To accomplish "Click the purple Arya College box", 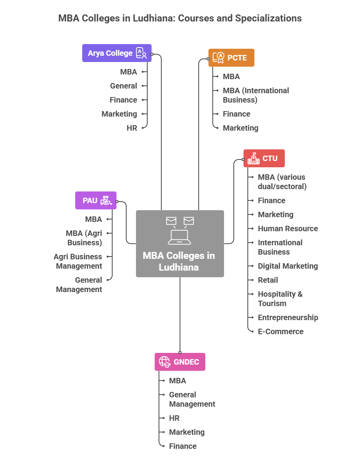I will pos(116,53).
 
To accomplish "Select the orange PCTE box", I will pos(231,58).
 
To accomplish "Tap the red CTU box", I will pos(264,158).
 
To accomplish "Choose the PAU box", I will pos(95,200).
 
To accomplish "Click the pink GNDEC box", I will pos(180,362).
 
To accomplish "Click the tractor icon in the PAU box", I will pos(106,200).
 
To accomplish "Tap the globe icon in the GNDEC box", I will pos(164,362).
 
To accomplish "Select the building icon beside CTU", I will pos(254,158).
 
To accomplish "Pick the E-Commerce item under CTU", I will pos(281,331).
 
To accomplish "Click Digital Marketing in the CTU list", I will pos(288,266).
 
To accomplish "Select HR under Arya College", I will pos(132,128).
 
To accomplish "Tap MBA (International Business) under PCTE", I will pos(256,95).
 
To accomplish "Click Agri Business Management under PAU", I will pos(78,261).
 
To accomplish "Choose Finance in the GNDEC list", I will pos(183,446).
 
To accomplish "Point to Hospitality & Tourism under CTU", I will pos(280,299).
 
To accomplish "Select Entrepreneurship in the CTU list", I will pos(288,317).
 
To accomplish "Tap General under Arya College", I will pos(124,86).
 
